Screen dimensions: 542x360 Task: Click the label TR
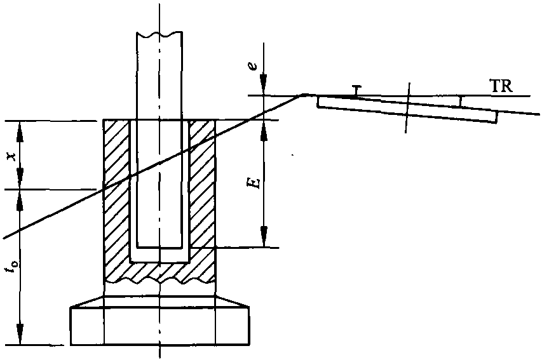(x=502, y=86)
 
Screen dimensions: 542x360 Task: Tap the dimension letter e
(x=254, y=66)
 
